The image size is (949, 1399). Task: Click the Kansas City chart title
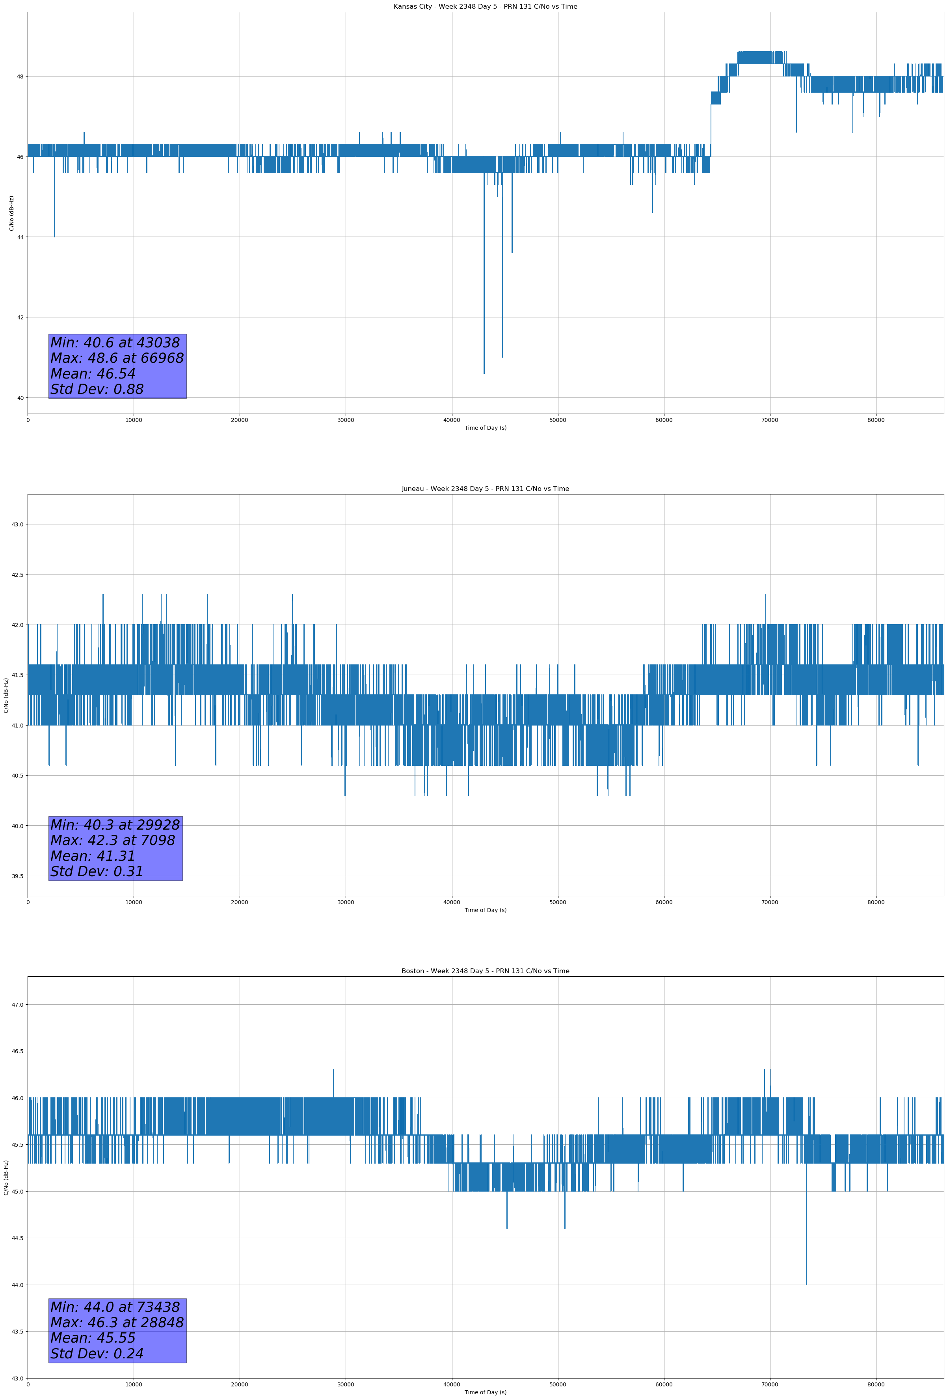[x=485, y=7]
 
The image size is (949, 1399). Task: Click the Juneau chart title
[x=485, y=489]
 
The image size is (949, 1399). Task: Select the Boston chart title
[x=485, y=971]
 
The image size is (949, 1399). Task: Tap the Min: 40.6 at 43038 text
[x=115, y=343]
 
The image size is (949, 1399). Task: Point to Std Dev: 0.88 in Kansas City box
[x=97, y=390]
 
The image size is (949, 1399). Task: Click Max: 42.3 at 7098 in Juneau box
[x=113, y=840]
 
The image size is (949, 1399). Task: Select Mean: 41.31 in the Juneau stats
[x=93, y=856]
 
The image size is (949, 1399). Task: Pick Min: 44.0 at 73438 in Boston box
[x=115, y=1307]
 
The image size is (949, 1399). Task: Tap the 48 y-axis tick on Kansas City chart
[x=20, y=76]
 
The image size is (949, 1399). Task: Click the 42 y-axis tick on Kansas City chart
[x=20, y=317]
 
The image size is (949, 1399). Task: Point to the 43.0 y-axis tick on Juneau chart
[x=17, y=524]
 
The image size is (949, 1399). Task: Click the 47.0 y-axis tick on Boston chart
[x=17, y=1005]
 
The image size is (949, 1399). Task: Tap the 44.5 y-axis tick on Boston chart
[x=17, y=1238]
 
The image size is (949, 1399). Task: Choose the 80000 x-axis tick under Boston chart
[x=876, y=1384]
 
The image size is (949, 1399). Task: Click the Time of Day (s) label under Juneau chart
[x=485, y=910]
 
